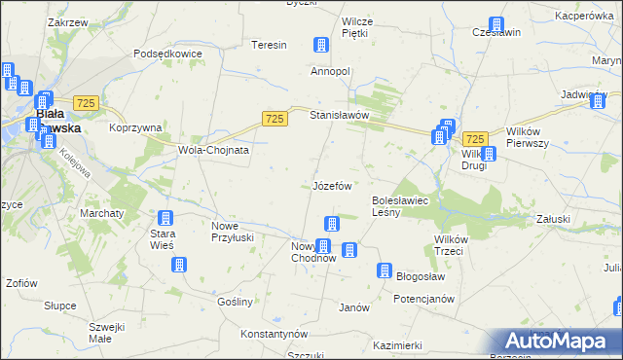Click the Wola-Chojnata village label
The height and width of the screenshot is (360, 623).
click(x=213, y=151)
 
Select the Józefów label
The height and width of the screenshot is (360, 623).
click(x=332, y=185)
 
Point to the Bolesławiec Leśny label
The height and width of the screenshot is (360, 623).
click(x=400, y=206)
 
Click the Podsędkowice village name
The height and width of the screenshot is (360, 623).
click(x=167, y=54)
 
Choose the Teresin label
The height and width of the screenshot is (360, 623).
click(x=269, y=46)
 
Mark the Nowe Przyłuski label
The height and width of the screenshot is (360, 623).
click(x=233, y=232)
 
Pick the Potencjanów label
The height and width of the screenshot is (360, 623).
click(x=424, y=299)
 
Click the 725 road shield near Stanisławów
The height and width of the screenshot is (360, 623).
click(x=275, y=118)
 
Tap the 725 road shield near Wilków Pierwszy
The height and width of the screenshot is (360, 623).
click(x=475, y=139)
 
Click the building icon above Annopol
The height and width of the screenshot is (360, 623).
click(x=319, y=45)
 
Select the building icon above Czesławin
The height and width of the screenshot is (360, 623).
click(x=496, y=25)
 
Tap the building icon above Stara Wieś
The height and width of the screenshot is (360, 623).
click(x=165, y=218)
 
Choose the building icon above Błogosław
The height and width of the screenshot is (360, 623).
click(x=385, y=270)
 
